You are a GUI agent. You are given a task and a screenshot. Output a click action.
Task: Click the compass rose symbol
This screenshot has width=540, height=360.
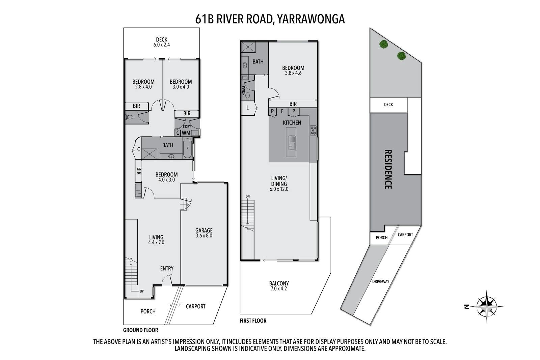pos(486,307)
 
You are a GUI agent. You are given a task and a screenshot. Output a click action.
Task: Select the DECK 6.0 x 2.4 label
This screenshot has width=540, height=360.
pos(162,42)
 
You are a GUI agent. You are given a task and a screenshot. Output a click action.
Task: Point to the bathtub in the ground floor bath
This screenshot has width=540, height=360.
pos(188,148)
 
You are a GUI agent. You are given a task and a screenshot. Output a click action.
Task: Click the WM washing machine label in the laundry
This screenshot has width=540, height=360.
pos(186,133)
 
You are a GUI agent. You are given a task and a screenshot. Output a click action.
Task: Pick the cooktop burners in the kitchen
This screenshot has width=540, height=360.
pos(313,130)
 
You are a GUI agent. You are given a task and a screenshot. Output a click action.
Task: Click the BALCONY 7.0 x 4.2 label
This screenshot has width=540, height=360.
pos(279,286)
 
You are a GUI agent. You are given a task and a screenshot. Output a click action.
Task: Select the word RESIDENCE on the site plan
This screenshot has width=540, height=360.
pos(388,169)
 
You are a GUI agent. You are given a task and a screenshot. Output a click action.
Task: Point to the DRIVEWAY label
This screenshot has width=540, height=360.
pos(381,281)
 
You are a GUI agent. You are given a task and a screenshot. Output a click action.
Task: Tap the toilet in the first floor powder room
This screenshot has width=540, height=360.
pos(248,96)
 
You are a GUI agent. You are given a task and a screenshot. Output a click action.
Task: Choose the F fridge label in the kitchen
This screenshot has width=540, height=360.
pos(282,111)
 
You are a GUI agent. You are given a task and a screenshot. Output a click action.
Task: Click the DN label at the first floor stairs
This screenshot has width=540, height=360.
pos(248,197)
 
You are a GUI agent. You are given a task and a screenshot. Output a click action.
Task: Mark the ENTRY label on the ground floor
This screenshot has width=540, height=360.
pos(167,269)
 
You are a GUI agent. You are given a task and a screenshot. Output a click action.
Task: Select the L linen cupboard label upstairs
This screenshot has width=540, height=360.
pos(248,108)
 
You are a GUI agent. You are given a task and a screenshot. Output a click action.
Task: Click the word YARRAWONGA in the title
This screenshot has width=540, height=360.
pos(311,19)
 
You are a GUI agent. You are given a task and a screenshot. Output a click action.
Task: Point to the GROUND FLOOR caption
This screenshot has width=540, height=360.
pos(140,330)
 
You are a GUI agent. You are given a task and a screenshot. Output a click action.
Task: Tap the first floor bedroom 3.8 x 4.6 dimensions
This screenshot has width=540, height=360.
pos(293,73)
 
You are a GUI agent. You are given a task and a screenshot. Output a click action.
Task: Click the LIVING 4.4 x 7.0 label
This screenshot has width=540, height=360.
pos(156,240)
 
